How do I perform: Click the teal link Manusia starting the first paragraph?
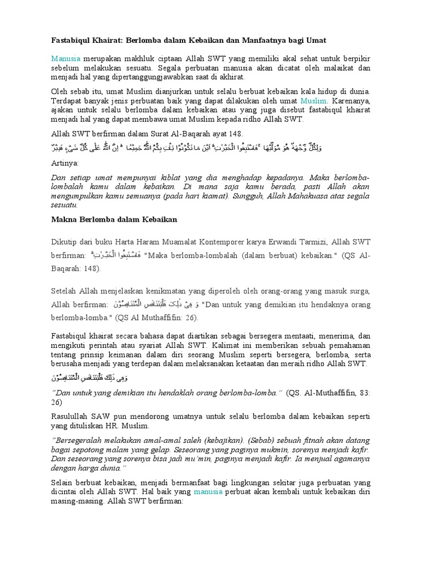coord(66,58)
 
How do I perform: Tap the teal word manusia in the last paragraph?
coord(208,492)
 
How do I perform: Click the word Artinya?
coord(65,164)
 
